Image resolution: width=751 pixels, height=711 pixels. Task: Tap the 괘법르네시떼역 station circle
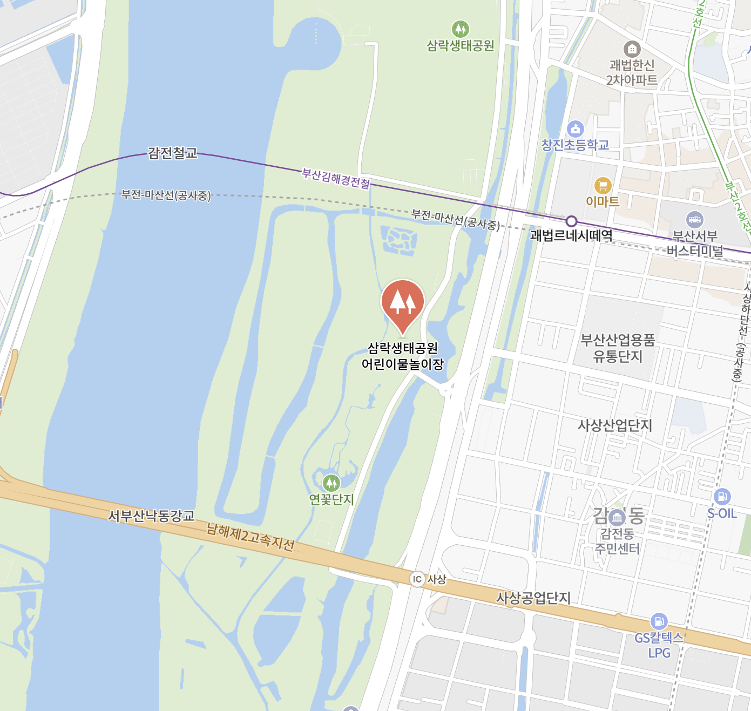572,221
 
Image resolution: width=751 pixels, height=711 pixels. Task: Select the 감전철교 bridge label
173,153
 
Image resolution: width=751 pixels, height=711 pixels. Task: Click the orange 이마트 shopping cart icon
603,186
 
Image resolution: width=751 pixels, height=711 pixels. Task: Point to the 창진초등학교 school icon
576,129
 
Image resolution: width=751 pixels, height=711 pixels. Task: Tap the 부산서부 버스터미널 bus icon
694,219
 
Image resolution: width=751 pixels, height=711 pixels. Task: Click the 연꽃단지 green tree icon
331,482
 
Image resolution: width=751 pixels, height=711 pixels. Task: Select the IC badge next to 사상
417,579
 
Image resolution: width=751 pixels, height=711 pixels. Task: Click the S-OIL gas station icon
722,496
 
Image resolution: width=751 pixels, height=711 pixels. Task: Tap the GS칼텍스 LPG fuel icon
659,621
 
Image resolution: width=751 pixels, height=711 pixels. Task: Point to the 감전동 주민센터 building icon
617,518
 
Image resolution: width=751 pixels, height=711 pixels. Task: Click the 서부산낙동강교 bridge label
151,516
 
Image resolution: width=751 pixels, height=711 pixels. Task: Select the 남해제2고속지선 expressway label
251,537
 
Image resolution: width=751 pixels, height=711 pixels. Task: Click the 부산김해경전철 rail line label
336,178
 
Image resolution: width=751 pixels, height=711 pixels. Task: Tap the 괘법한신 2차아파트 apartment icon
632,49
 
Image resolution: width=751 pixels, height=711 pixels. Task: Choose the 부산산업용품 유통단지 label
618,348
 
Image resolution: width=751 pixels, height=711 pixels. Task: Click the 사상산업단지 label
615,425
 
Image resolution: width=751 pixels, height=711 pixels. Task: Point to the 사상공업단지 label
533,598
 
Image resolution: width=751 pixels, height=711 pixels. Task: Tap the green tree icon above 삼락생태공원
460,29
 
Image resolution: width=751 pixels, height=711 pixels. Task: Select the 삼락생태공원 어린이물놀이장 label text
403,356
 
